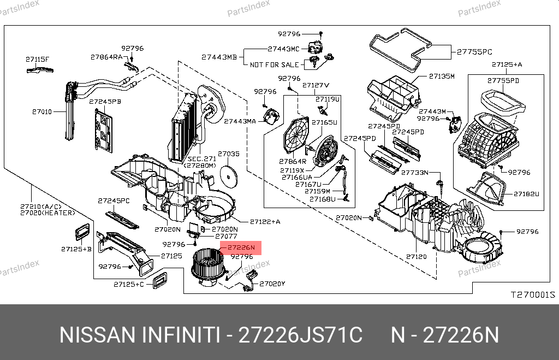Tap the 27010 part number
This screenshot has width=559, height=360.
(41, 111)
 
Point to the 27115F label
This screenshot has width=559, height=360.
(37, 59)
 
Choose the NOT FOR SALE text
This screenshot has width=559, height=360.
(275, 64)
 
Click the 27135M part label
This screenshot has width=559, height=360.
(441, 76)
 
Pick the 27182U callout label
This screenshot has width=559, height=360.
(526, 193)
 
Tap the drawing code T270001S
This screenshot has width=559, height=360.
(532, 294)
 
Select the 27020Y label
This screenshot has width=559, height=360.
(272, 284)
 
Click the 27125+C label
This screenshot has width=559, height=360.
(129, 284)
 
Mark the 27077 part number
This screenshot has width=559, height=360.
(225, 237)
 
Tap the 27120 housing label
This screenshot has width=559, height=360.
(416, 256)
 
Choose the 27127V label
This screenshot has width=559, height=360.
(316, 85)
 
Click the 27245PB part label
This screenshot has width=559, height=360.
(105, 102)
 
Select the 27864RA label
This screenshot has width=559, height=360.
(107, 57)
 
